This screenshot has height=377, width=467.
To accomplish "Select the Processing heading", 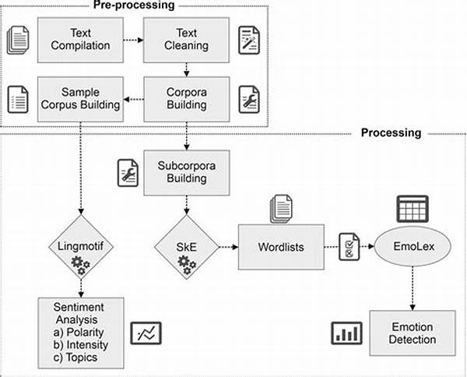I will (x=391, y=132).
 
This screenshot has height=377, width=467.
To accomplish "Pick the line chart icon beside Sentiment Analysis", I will (x=146, y=333).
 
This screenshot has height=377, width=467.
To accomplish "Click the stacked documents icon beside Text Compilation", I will (x=18, y=38).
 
